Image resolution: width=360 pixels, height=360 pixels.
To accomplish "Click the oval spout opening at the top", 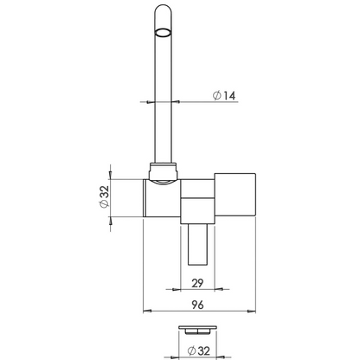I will pos(163,34).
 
